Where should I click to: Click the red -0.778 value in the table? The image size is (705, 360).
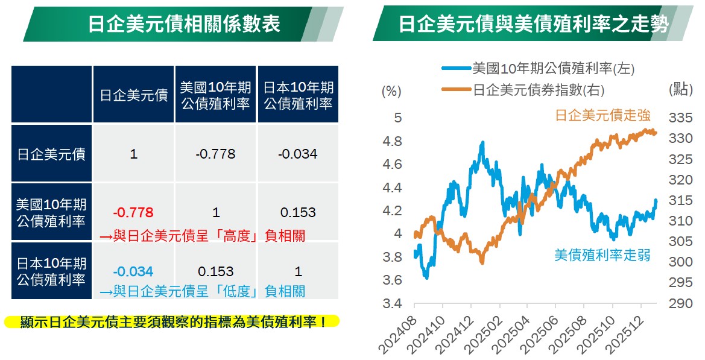(x=133, y=212)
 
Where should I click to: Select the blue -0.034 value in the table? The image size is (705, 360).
(x=133, y=271)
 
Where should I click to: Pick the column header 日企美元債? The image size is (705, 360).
(x=133, y=95)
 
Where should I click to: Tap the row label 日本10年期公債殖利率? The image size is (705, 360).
(x=51, y=271)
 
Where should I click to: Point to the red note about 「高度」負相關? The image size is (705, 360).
(x=202, y=236)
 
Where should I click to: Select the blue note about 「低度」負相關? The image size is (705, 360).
(x=202, y=292)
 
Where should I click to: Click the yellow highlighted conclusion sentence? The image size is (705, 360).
(x=172, y=321)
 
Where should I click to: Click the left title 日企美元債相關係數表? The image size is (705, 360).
(x=184, y=24)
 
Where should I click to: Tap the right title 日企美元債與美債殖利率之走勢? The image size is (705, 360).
(x=533, y=24)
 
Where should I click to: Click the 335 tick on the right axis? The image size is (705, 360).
(x=680, y=117)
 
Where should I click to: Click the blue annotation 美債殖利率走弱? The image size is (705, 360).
(x=602, y=255)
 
